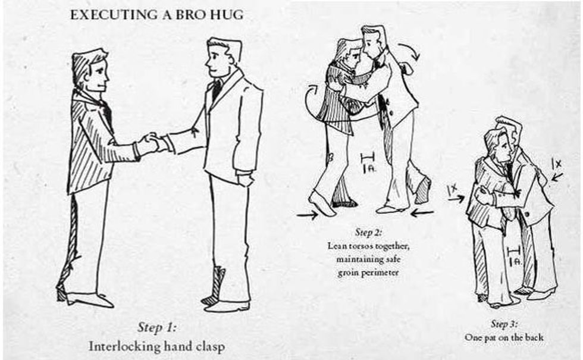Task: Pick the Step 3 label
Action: coord(503,324)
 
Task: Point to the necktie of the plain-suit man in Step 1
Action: coord(217,89)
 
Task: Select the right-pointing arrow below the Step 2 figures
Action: coord(307,215)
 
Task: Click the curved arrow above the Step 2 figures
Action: coord(410,51)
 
